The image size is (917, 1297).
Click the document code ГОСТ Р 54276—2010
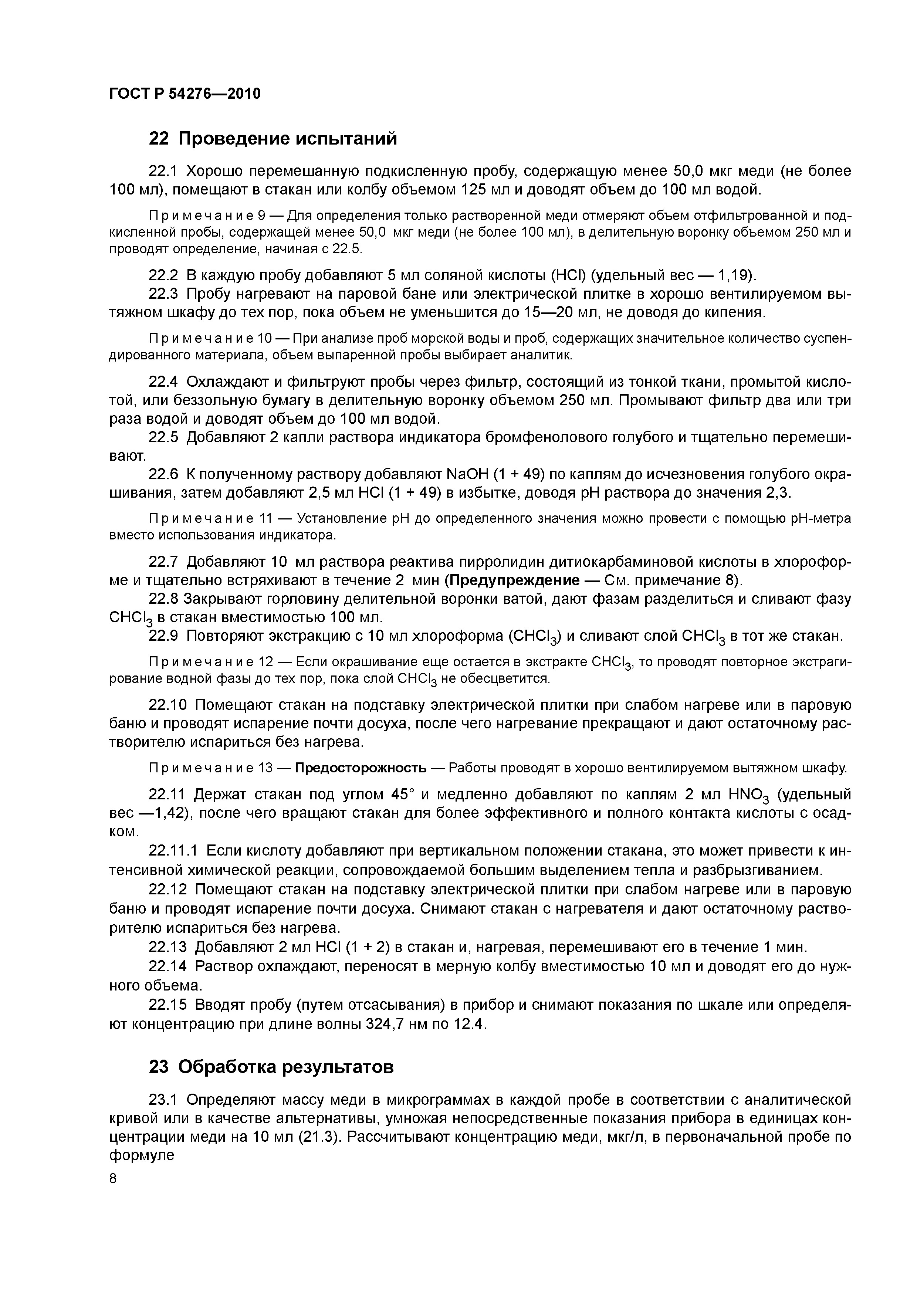185,94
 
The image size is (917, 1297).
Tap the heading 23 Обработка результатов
271,1067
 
